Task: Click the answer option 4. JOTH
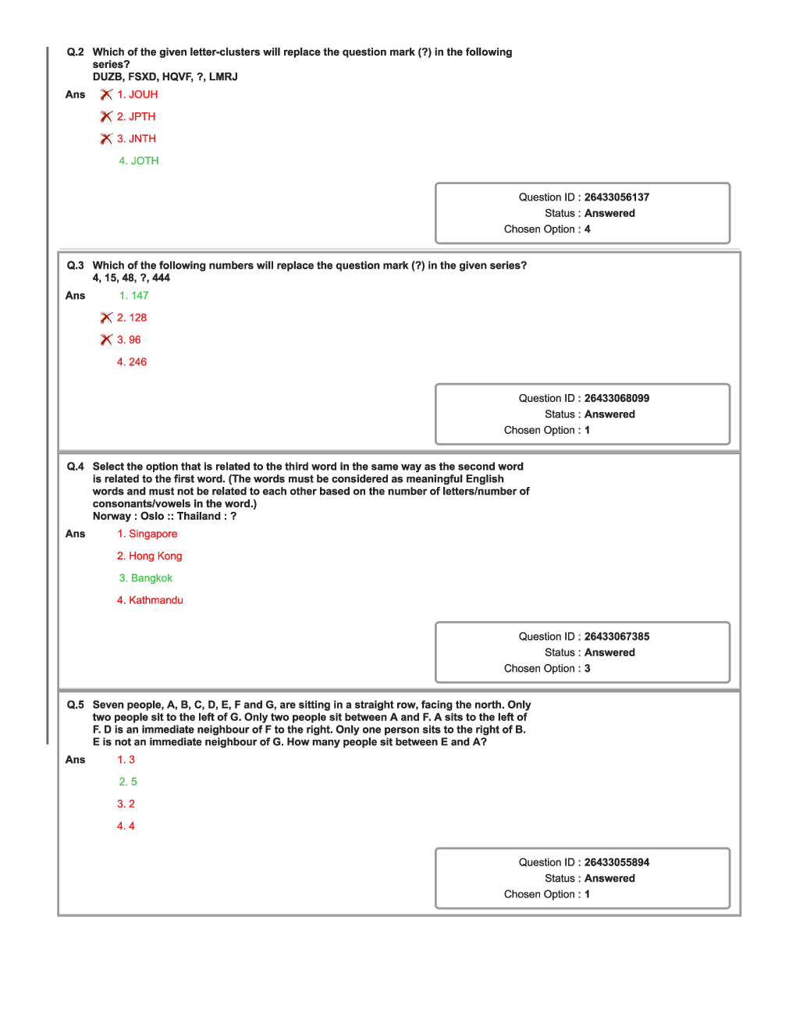(x=139, y=161)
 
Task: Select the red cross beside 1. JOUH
(x=106, y=94)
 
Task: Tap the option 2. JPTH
(x=137, y=116)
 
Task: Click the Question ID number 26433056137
(x=617, y=197)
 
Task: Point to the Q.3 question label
(x=75, y=265)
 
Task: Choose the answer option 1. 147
(x=133, y=296)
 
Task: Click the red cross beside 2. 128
(x=106, y=318)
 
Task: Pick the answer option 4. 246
(x=132, y=362)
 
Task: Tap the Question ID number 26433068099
(x=617, y=398)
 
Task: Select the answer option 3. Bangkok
(x=146, y=578)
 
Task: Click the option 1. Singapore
(x=147, y=534)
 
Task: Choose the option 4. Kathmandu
(x=150, y=600)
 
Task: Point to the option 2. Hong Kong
(x=150, y=556)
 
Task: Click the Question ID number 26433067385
(x=617, y=637)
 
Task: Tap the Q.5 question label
(x=75, y=705)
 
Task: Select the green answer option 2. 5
(x=128, y=782)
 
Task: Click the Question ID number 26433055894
(x=617, y=862)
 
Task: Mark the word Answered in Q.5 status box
(x=609, y=879)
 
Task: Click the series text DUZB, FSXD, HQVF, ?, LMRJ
(x=165, y=76)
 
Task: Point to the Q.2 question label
(x=75, y=52)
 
